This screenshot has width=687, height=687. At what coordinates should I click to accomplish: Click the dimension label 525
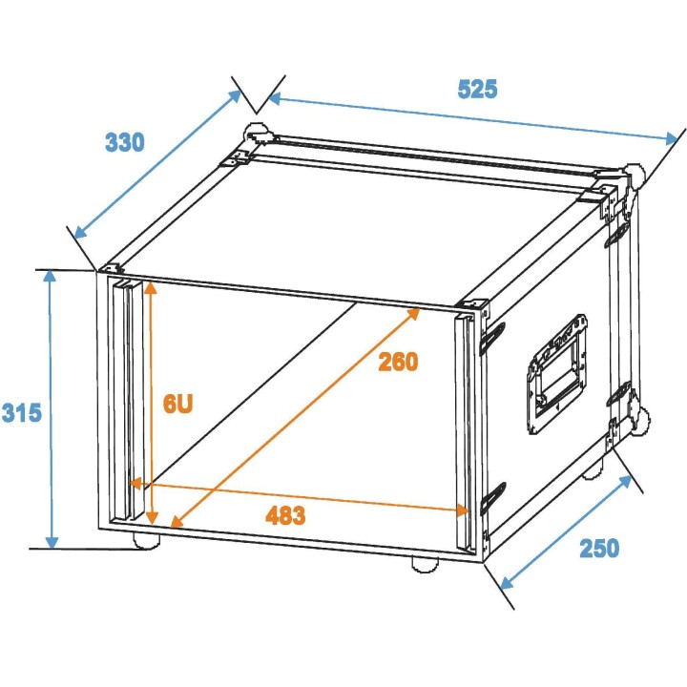[477, 90]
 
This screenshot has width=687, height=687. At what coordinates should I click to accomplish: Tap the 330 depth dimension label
[124, 143]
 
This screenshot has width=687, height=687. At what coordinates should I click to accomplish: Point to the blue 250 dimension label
[598, 549]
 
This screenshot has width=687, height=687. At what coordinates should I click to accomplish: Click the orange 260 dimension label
[398, 362]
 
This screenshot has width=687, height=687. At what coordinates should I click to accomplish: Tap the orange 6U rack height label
[177, 404]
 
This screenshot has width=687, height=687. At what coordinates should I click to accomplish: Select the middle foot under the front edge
[424, 564]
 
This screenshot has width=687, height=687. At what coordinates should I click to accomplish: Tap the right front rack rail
[465, 429]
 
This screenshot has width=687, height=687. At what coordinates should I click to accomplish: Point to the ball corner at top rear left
[255, 133]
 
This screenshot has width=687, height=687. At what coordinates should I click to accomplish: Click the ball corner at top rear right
[634, 177]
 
